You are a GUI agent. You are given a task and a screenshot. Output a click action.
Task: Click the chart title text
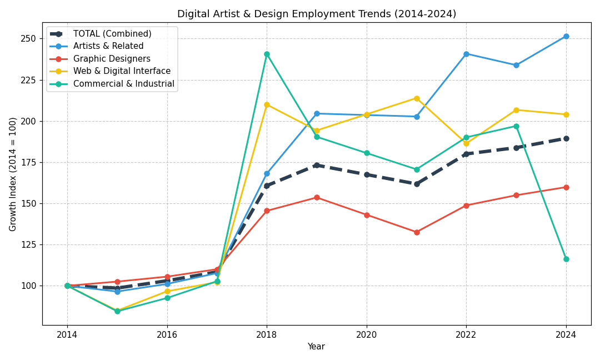click(316, 14)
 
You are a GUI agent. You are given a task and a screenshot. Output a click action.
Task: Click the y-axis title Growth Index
click(13, 174)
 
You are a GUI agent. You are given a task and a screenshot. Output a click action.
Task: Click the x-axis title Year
click(316, 347)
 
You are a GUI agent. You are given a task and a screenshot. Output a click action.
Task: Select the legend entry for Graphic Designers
click(112, 59)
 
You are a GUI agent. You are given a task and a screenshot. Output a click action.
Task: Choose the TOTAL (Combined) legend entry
click(112, 34)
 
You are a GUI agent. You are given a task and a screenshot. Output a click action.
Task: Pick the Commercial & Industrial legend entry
click(123, 84)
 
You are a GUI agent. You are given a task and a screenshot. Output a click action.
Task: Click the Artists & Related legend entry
click(108, 46)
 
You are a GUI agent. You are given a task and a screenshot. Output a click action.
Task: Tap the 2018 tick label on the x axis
click(267, 334)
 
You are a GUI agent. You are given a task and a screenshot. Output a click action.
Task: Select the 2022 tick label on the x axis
click(466, 334)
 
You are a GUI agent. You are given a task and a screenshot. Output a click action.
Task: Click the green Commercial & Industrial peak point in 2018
click(267, 54)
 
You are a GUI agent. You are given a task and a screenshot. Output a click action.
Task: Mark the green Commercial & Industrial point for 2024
click(566, 259)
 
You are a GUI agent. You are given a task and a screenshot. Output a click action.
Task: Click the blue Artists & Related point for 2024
click(566, 36)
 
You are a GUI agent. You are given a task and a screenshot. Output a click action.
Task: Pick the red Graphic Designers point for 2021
click(417, 232)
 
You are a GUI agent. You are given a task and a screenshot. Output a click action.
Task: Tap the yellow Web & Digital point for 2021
click(417, 98)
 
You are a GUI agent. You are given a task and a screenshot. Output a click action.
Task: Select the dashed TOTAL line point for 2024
click(566, 138)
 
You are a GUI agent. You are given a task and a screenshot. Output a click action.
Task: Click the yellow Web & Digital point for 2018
click(267, 104)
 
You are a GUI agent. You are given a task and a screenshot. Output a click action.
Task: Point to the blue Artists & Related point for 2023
click(516, 65)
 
